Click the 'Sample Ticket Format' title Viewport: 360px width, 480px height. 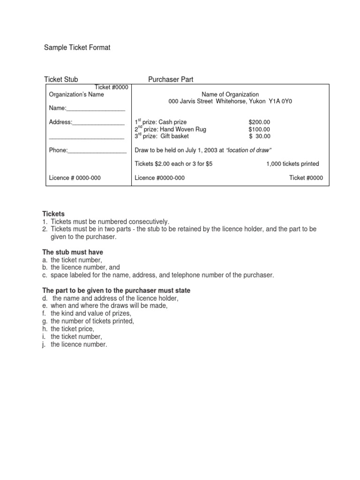[77, 48]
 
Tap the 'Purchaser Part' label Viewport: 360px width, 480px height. [171, 80]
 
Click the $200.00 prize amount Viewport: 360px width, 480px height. [259, 122]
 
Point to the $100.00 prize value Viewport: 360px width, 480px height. [259, 129]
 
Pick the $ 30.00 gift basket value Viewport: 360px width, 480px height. [260, 136]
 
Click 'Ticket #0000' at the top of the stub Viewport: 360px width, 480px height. [112, 87]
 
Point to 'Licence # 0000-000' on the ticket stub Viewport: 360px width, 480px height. [75, 178]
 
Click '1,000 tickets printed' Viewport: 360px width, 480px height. [292, 164]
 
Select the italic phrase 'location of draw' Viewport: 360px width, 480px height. [249, 150]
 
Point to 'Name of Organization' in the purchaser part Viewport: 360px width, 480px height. [230, 94]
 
